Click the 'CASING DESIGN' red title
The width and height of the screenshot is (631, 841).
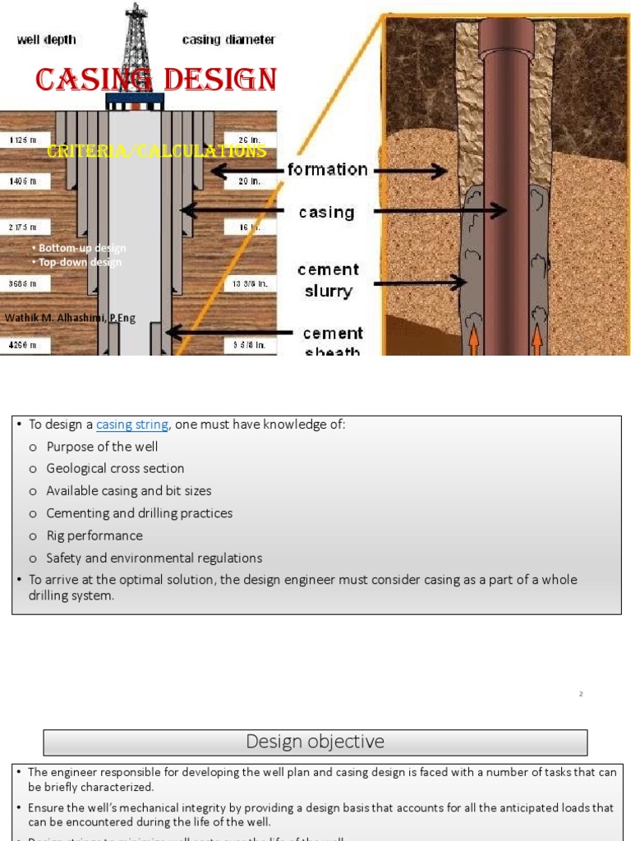(156, 80)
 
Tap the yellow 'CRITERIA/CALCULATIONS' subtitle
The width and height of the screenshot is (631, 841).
(156, 151)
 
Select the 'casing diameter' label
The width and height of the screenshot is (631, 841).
(228, 39)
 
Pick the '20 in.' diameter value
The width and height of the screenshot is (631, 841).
(249, 182)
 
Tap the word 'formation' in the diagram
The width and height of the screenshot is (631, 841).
(327, 170)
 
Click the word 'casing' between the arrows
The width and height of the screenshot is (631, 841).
(326, 213)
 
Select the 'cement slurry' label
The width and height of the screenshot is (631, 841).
(328, 280)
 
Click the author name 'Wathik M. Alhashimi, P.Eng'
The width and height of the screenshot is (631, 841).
(71, 318)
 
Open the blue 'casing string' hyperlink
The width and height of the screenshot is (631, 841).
(132, 425)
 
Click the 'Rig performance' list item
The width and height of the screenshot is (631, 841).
(94, 535)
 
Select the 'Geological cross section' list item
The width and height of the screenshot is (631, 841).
(115, 469)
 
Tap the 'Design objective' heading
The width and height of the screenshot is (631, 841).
(315, 742)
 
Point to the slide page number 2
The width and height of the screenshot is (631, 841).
(581, 694)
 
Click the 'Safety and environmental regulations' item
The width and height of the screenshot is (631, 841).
(154, 558)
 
